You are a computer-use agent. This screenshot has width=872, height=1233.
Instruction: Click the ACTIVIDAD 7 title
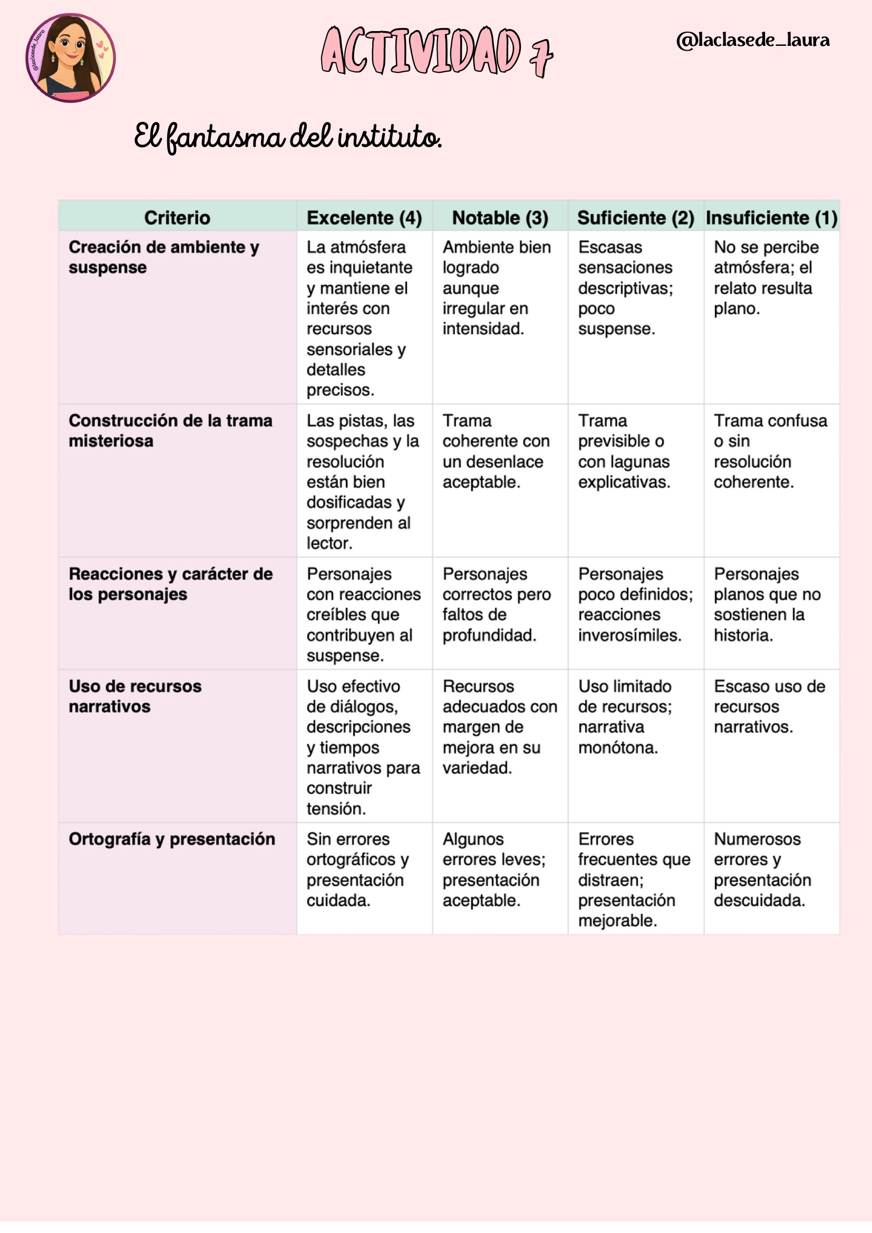(x=436, y=51)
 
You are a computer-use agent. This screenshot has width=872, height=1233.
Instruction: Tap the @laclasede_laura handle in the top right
(x=753, y=40)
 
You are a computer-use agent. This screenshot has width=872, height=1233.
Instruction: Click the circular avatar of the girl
(x=70, y=58)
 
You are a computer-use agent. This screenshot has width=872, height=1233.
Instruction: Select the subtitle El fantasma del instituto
(x=288, y=137)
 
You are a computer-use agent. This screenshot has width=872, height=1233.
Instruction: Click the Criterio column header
(x=177, y=218)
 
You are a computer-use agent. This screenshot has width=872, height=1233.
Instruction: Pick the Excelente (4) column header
(x=364, y=218)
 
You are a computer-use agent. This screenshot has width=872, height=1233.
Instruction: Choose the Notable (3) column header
(x=500, y=218)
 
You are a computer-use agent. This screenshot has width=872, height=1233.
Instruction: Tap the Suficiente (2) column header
(x=635, y=218)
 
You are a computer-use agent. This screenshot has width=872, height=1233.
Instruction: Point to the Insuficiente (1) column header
(x=771, y=218)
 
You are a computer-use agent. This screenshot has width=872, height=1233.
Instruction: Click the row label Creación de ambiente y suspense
(x=164, y=257)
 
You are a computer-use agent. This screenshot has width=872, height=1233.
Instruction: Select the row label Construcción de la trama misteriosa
(x=170, y=431)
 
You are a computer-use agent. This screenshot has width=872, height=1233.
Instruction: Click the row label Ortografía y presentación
(x=172, y=839)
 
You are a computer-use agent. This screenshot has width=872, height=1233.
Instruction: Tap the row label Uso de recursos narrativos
(x=135, y=696)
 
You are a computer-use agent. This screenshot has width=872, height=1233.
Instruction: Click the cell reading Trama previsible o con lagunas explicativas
(x=624, y=451)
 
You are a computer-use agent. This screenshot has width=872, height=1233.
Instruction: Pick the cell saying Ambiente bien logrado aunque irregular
(x=496, y=288)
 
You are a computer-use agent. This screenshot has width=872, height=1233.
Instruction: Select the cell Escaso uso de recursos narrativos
(x=769, y=706)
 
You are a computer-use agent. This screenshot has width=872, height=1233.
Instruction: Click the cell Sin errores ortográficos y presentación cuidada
(x=357, y=869)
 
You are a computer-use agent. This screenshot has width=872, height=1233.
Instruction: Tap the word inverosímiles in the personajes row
(x=629, y=635)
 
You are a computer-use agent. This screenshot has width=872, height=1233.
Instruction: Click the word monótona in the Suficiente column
(x=617, y=747)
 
